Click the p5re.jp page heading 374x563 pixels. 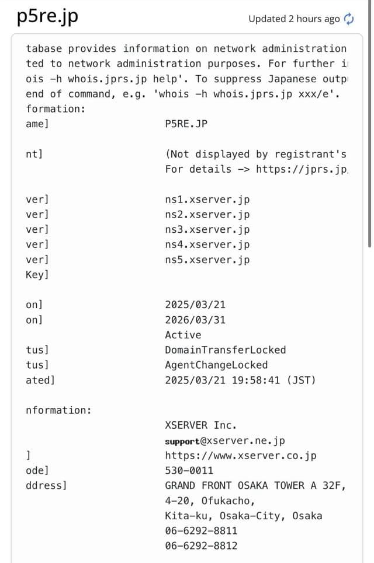[x=47, y=16]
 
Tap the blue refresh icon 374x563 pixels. [x=349, y=19]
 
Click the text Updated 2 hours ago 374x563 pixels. [x=293, y=19]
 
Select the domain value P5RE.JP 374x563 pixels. [x=186, y=124]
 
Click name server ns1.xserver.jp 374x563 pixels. [x=207, y=200]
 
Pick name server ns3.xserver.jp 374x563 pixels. [x=207, y=230]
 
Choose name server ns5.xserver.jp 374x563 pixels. [x=207, y=260]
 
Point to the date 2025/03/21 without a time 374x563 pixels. [x=195, y=305]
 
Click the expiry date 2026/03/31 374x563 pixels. [x=195, y=320]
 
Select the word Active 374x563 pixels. [x=183, y=335]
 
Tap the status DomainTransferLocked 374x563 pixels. [x=225, y=350]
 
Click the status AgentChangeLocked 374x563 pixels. [x=216, y=365]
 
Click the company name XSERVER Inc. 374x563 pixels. [x=200, y=425]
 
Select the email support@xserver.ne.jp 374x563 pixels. [x=225, y=440]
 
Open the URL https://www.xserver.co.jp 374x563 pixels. [x=240, y=456]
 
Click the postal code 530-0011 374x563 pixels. [x=189, y=471]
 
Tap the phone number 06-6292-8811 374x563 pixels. [x=201, y=531]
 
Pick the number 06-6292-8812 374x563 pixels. [x=201, y=546]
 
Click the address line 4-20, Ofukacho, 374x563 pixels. [x=210, y=501]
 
